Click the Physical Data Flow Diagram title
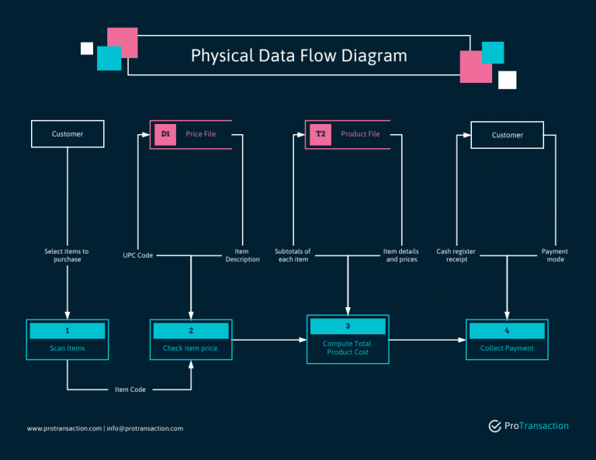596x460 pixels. [299, 56]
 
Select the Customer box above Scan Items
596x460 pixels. [68, 134]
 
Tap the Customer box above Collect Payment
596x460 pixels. [507, 135]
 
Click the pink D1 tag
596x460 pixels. [165, 134]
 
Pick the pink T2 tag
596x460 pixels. [321, 134]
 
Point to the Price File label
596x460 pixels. [201, 134]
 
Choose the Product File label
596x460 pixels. [360, 134]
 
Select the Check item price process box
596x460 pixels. [190, 341]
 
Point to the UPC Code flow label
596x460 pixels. [138, 255]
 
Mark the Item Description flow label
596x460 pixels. [242, 255]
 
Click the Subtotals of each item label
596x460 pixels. [293, 255]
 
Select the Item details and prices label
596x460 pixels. [401, 255]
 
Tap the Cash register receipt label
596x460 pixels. [456, 255]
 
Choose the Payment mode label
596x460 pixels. [554, 255]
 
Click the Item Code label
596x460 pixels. [130, 389]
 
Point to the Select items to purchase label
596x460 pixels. [67, 255]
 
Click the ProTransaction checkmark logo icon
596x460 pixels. [494, 426]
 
